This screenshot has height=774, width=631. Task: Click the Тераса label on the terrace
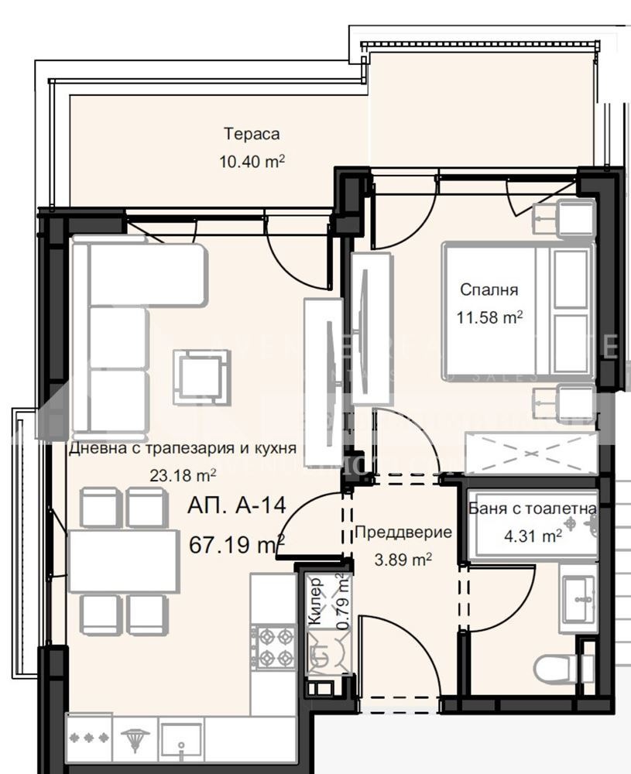pyautogui.click(x=252, y=134)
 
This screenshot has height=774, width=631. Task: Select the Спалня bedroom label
pyautogui.click(x=489, y=290)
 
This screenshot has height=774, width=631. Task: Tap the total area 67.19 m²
pyautogui.click(x=237, y=545)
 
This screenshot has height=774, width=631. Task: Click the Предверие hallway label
pyautogui.click(x=403, y=533)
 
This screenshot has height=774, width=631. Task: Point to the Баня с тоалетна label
pyautogui.click(x=533, y=509)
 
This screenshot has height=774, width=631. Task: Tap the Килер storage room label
pyautogui.click(x=316, y=610)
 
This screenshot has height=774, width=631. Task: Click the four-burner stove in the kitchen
pyautogui.click(x=273, y=647)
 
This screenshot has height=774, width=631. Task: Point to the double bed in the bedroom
pyautogui.click(x=517, y=311)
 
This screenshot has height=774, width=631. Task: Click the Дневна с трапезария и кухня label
pyautogui.click(x=183, y=449)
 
